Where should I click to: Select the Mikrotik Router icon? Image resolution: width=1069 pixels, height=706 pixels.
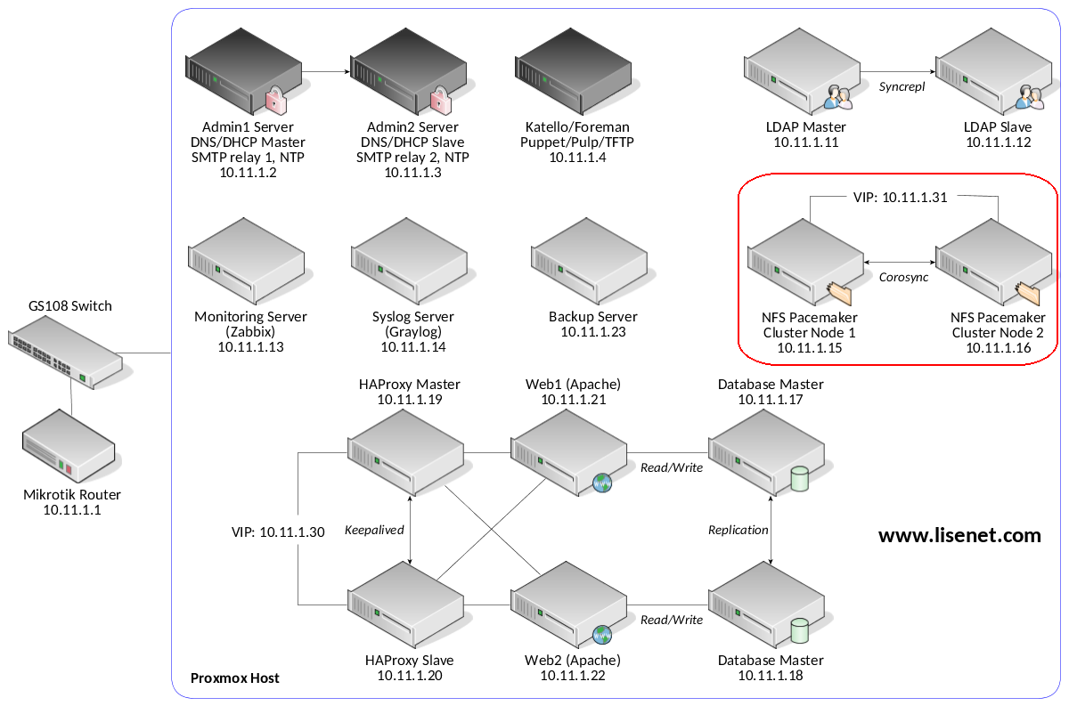[x=69, y=445]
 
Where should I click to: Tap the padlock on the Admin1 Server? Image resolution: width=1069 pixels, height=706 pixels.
[x=276, y=100]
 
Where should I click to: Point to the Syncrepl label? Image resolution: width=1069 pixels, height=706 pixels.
[x=902, y=87]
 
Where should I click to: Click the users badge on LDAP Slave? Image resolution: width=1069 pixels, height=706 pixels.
[x=1030, y=97]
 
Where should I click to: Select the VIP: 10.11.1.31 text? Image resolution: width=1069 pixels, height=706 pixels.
[x=900, y=198]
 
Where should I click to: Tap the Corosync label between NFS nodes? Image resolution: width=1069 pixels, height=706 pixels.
[x=903, y=277]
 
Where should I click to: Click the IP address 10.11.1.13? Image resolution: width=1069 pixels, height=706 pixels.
[x=250, y=347]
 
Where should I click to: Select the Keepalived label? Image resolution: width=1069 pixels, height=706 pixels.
[x=374, y=530]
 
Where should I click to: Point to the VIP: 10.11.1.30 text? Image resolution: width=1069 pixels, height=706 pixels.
[x=278, y=532]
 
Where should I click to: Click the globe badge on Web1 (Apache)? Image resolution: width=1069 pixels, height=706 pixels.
[x=602, y=483]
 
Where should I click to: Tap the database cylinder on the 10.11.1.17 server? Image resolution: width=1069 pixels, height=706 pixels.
[x=799, y=479]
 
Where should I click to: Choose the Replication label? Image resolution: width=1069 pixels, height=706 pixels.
[x=738, y=530]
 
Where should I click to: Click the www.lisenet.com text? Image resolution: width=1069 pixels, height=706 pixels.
[x=959, y=536]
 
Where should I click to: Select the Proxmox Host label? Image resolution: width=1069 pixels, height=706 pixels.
[x=235, y=678]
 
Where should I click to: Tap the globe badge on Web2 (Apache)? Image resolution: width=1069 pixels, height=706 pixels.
[x=602, y=635]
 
